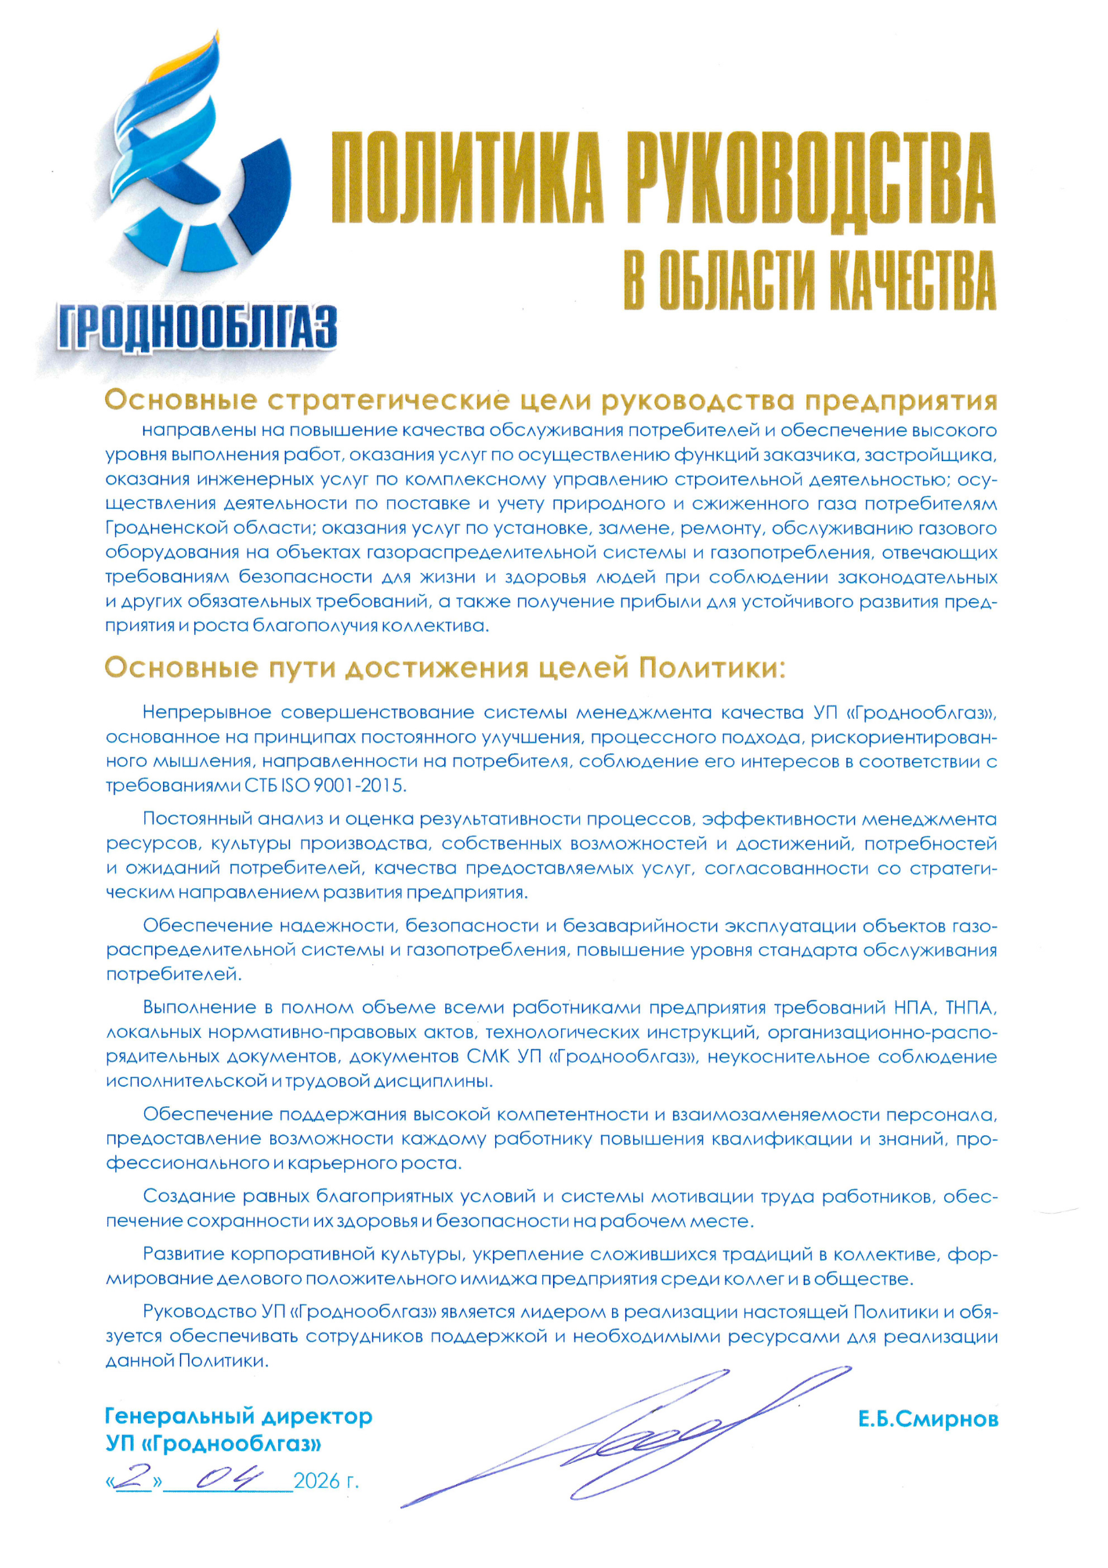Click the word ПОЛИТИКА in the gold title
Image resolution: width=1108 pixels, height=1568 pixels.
pyautogui.click(x=467, y=178)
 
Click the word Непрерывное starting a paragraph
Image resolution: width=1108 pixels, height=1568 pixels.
pyautogui.click(x=207, y=713)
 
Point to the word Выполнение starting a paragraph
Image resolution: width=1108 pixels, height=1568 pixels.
pyautogui.click(x=199, y=1007)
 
